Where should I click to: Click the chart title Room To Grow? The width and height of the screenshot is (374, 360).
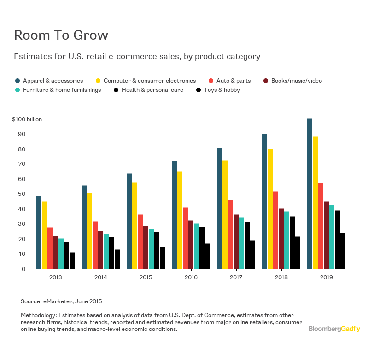coord(61,35)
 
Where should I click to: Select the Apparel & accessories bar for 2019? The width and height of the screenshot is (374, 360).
coord(310,194)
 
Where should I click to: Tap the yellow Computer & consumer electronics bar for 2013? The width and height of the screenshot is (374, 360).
coord(44,235)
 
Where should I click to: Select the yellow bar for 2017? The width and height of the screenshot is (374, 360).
coord(225,214)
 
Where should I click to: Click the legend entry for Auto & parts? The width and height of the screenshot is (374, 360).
coord(233,81)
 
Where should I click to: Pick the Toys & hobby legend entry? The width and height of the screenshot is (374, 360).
coord(222,90)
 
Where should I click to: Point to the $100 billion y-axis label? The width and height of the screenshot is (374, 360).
coord(27,119)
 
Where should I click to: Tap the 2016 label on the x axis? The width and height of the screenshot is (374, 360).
coord(191,278)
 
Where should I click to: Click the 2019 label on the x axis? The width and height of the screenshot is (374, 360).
coord(326,278)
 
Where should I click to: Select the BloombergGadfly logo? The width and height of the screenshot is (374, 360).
coord(334,329)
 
